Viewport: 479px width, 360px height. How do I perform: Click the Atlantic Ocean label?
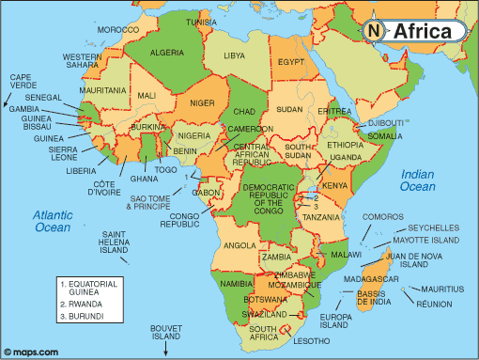[54, 221]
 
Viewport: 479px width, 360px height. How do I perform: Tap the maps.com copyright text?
[34, 352]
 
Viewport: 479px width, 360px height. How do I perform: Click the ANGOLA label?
[239, 245]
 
